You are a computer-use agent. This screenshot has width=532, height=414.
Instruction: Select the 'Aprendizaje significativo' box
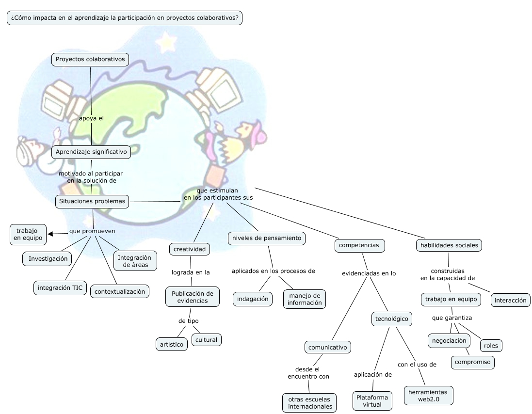click(x=91, y=152)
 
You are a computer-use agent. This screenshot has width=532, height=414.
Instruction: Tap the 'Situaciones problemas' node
click(x=92, y=201)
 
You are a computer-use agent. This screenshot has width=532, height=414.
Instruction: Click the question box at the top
click(x=125, y=18)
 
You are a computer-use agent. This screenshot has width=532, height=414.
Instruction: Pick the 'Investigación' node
click(x=48, y=259)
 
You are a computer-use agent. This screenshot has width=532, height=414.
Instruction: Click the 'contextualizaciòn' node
click(x=119, y=291)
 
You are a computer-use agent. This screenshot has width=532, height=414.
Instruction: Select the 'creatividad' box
click(x=190, y=249)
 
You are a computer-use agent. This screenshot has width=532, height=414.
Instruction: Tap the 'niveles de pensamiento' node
click(x=267, y=238)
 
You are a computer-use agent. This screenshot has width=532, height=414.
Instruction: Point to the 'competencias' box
click(x=359, y=245)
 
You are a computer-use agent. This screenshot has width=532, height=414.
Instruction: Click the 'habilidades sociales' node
click(x=449, y=245)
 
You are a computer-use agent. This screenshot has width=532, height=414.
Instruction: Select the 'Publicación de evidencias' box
click(x=193, y=297)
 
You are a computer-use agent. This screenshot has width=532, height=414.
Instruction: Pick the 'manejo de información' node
click(x=305, y=299)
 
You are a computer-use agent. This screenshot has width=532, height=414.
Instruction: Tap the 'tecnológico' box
click(x=392, y=319)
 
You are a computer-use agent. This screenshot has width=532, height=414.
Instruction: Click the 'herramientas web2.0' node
click(x=429, y=396)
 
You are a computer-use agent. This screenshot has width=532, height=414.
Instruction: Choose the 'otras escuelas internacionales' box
click(x=310, y=403)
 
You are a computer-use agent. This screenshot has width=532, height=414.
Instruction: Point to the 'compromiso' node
click(x=472, y=362)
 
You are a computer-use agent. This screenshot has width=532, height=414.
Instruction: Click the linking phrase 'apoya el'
click(x=91, y=118)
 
